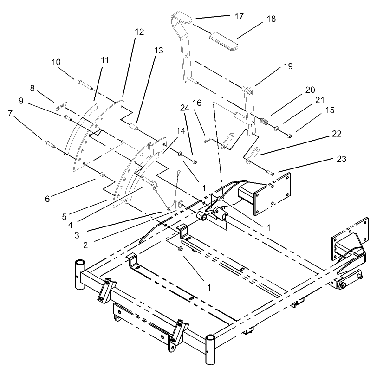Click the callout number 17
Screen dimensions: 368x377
coord(239,16)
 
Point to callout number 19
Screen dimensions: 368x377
coord(287,66)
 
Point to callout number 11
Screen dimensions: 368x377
coord(104,59)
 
